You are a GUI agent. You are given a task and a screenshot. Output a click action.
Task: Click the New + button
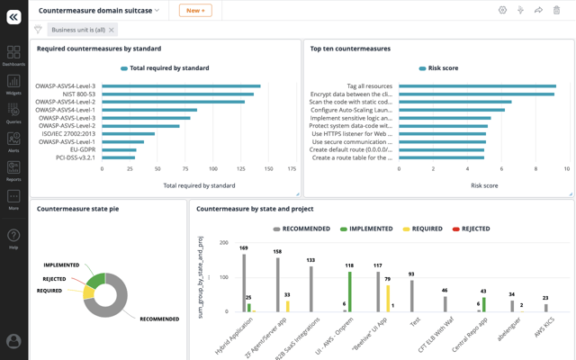(195, 10)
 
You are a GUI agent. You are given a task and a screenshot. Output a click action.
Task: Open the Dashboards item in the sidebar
(13, 56)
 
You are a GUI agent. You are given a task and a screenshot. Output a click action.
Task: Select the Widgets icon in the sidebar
(13, 85)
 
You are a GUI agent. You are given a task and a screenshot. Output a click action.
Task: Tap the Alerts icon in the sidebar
(13, 142)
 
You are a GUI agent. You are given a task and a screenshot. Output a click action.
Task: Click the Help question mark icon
(13, 238)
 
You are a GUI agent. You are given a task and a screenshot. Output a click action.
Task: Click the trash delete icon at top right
(556, 10)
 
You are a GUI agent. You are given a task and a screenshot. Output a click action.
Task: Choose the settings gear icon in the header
(502, 10)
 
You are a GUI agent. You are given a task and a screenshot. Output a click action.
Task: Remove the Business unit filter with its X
(112, 30)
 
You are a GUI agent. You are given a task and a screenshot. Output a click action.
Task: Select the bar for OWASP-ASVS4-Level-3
(181, 86)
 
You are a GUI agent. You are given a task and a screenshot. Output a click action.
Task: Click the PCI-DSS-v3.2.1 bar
(118, 157)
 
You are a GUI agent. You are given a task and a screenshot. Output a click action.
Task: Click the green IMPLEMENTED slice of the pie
(96, 281)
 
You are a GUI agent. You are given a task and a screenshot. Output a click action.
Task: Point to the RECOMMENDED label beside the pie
(159, 319)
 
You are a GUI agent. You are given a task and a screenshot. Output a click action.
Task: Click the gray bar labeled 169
(243, 283)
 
